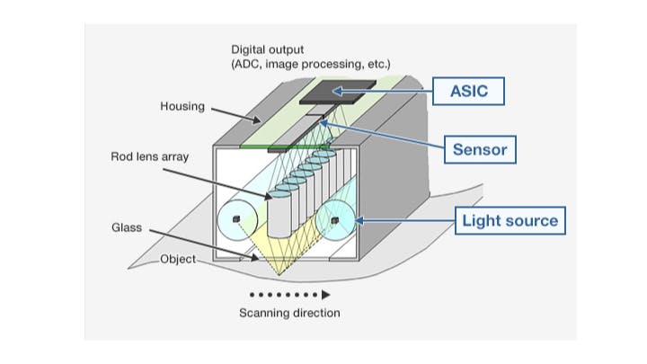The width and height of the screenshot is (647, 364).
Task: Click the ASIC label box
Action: tap(469, 91)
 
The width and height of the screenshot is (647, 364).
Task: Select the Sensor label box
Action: tap(480, 149)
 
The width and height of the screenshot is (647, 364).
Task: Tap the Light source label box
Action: tap(510, 220)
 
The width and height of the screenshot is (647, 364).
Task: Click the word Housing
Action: tap(182, 106)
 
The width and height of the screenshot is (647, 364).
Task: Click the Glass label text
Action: tap(127, 229)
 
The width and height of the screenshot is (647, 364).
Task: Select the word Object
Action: tap(177, 259)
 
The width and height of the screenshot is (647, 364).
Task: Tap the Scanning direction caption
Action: tap(289, 313)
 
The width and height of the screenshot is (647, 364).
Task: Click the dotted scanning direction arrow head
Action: tap(326, 294)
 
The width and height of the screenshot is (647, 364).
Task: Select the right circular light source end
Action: tap(335, 219)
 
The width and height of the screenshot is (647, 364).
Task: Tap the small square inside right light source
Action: tap(334, 218)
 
